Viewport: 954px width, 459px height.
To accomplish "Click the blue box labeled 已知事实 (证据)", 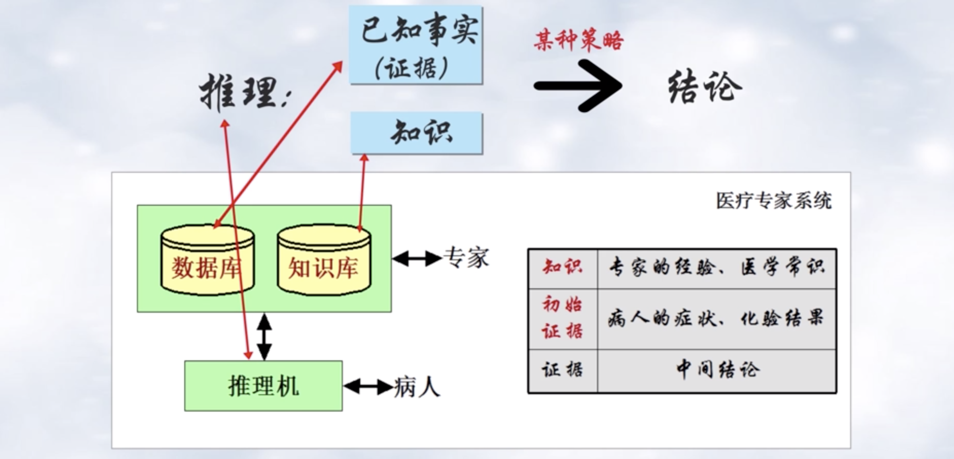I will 416,45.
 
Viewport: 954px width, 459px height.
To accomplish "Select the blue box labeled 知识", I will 417,133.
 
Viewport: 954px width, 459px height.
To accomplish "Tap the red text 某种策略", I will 578,41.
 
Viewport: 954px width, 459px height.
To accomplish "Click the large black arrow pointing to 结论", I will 578,85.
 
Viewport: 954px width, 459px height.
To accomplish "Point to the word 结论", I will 705,87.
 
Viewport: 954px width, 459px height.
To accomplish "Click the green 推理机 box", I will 263,386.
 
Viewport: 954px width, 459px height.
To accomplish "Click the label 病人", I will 417,387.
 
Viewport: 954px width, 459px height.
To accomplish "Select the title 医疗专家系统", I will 773,201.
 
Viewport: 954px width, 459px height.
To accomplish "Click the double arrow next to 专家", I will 417,258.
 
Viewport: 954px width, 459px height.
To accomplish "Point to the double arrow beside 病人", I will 368,386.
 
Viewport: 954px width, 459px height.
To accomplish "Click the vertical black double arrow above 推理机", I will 264,337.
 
